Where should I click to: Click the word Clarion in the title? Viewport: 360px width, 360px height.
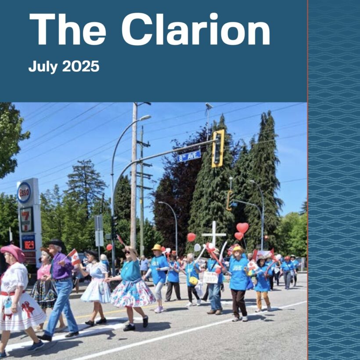pyautogui.click(x=195, y=30)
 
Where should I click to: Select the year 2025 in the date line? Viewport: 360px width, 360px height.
pyautogui.click(x=81, y=66)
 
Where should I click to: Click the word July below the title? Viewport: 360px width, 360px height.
pyautogui.click(x=43, y=66)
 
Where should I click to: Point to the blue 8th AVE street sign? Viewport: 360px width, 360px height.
pyautogui.click(x=189, y=156)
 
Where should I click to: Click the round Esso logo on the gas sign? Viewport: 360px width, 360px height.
pyautogui.click(x=24, y=192)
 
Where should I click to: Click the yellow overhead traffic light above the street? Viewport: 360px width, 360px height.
pyautogui.click(x=218, y=148)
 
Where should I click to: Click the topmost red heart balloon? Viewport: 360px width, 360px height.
pyautogui.click(x=242, y=227)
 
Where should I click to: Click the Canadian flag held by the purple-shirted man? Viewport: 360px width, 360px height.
pyautogui.click(x=74, y=256)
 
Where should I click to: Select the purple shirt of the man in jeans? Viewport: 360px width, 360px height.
pyautogui.click(x=61, y=266)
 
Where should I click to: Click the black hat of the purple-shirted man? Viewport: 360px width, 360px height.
pyautogui.click(x=56, y=243)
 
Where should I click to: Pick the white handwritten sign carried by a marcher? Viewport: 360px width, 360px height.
pyautogui.click(x=210, y=277)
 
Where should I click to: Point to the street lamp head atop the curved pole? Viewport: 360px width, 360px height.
pyautogui.click(x=144, y=117)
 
